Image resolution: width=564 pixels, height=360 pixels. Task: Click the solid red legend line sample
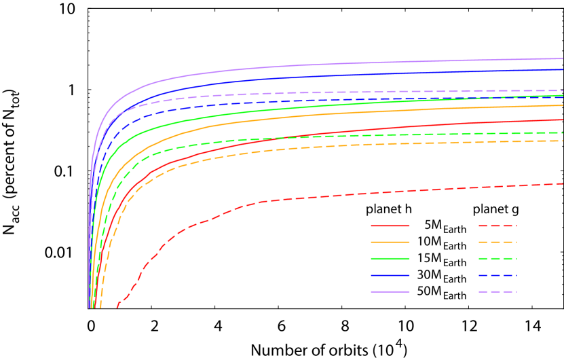click(x=390, y=226)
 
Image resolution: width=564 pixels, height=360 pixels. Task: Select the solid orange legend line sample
click(x=390, y=242)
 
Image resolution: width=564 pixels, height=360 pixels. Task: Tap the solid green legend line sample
click(x=390, y=258)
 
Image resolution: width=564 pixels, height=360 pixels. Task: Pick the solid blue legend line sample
click(x=390, y=275)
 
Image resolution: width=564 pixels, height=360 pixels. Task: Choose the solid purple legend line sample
click(x=390, y=291)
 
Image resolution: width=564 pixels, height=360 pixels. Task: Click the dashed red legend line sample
click(x=497, y=226)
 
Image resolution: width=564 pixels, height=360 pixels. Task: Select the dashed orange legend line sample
click(x=497, y=242)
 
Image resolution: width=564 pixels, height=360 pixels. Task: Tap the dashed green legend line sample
click(x=497, y=258)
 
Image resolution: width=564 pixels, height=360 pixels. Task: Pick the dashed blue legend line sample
click(x=497, y=275)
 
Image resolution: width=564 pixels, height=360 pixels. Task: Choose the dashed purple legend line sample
click(x=497, y=291)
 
